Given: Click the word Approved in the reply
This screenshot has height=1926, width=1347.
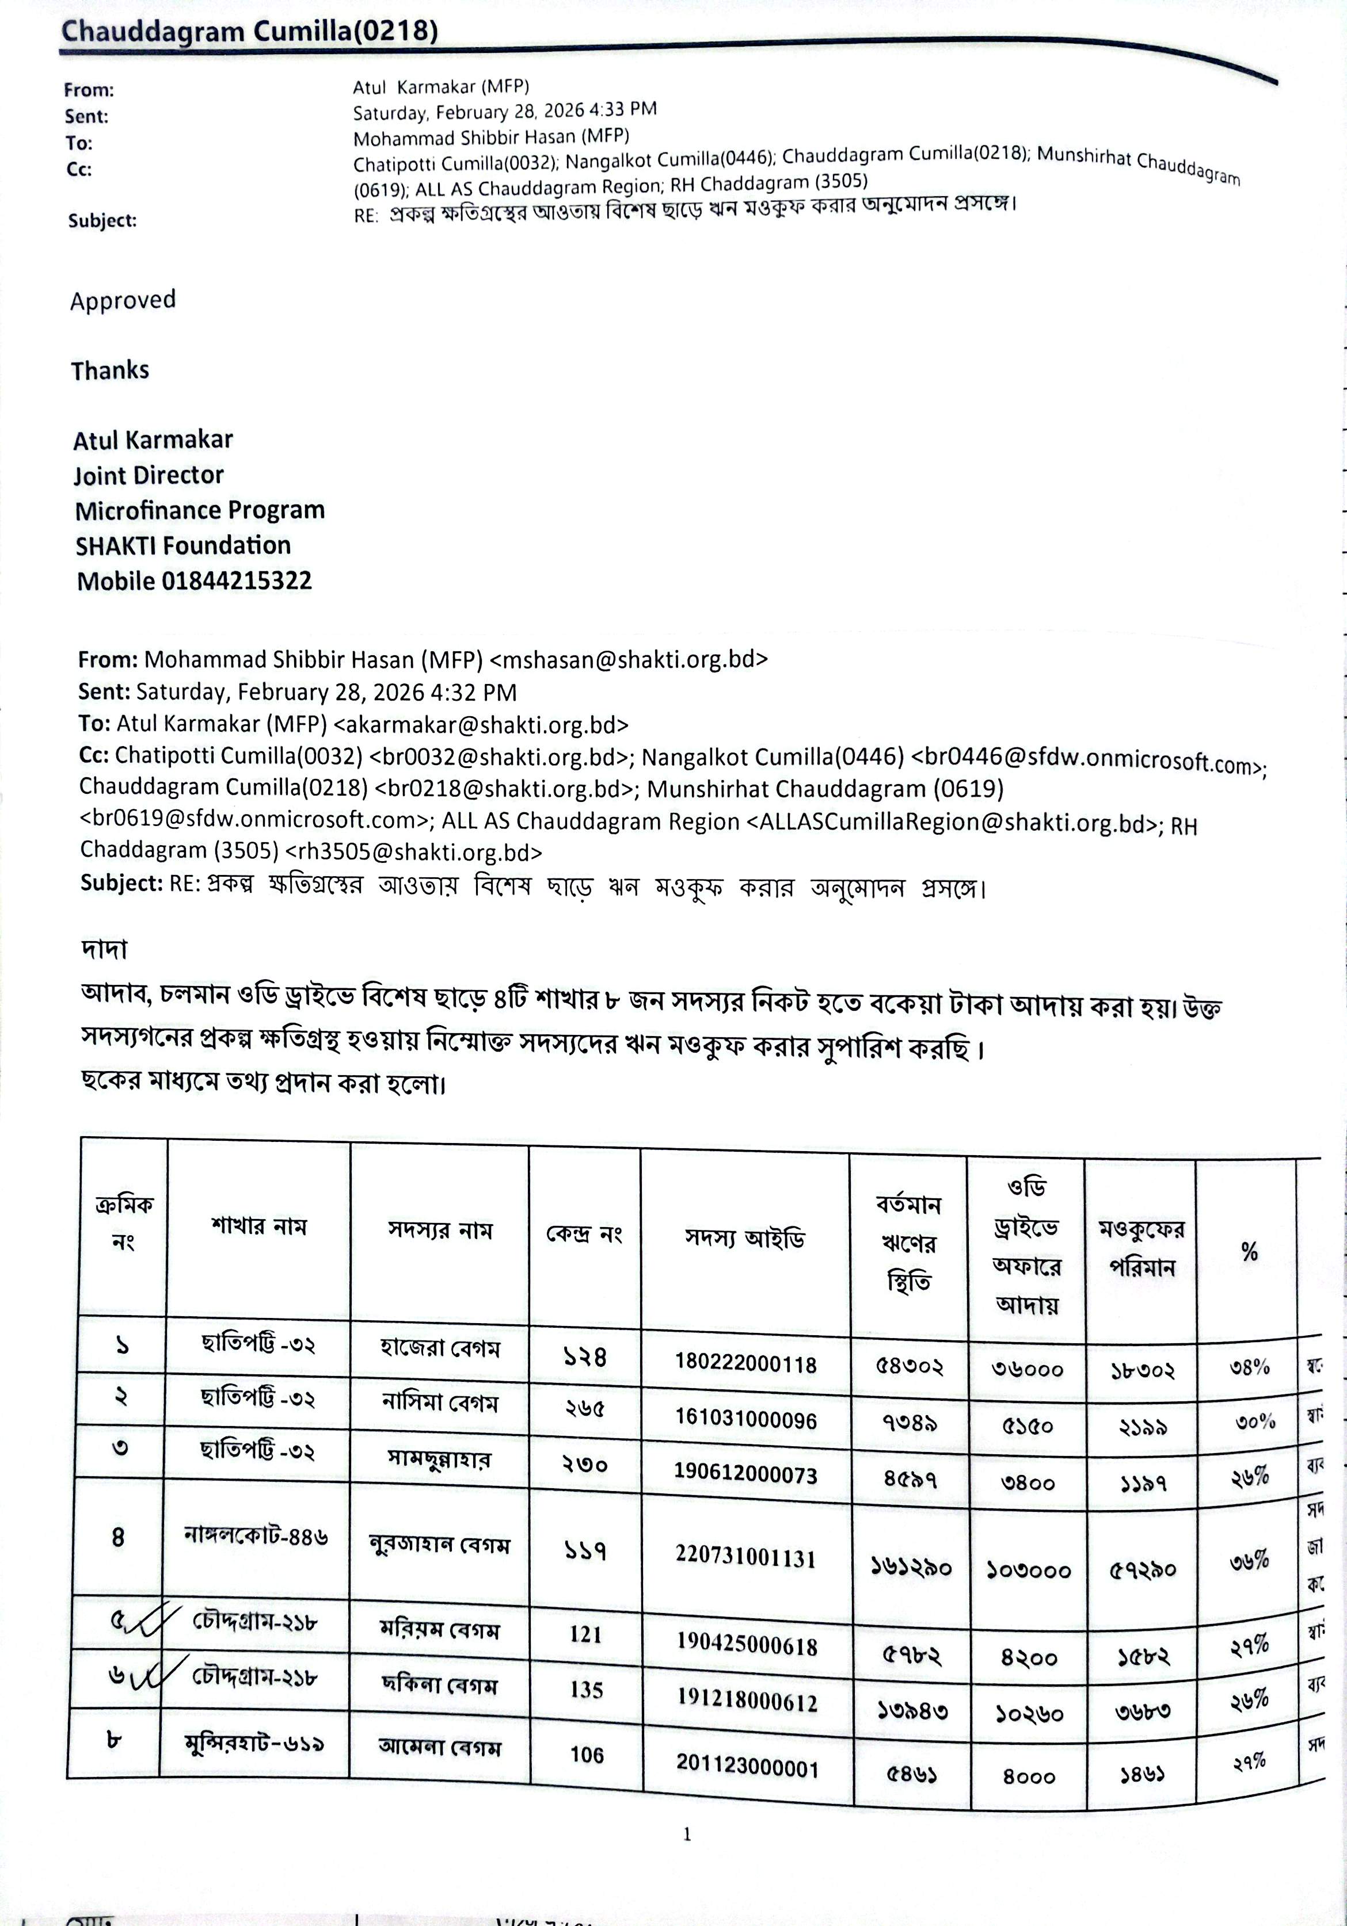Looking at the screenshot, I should [123, 300].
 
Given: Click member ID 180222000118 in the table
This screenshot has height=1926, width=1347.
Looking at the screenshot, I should [745, 1363].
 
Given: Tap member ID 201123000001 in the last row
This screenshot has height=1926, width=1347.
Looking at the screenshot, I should [747, 1767].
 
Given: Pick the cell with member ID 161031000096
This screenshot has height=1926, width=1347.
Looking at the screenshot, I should [745, 1419].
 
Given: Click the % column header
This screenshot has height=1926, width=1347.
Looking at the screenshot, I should [1249, 1252].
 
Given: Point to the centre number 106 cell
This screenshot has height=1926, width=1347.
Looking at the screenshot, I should [587, 1755].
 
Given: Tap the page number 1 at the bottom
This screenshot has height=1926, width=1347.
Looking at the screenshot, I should [687, 1835].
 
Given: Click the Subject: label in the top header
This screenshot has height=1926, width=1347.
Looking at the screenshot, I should [102, 221].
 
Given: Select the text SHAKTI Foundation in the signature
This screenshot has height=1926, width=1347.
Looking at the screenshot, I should [183, 545].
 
